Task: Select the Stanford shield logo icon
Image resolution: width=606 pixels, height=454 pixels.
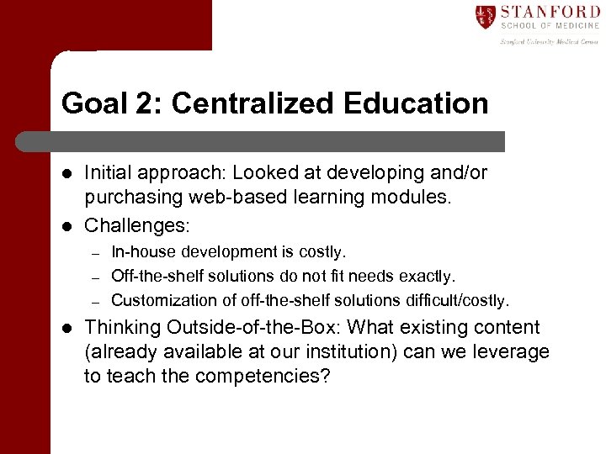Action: pyautogui.click(x=485, y=16)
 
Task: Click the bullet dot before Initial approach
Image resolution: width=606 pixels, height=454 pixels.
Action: pyautogui.click(x=67, y=173)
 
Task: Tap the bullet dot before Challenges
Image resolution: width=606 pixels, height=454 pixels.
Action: pyautogui.click(x=67, y=225)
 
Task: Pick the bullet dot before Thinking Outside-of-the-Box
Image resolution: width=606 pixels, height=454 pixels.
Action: pyautogui.click(x=67, y=329)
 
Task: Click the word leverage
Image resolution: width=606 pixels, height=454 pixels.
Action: pyautogui.click(x=513, y=351)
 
